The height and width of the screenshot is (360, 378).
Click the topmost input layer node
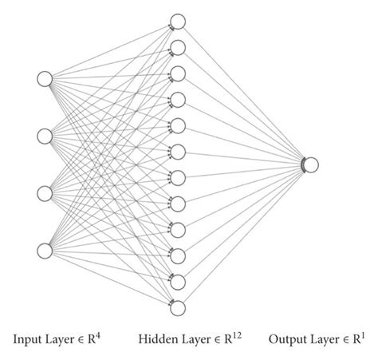point(45,78)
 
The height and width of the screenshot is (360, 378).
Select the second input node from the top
point(45,136)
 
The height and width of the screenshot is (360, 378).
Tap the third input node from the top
point(45,194)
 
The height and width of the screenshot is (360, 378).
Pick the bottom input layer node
point(45,251)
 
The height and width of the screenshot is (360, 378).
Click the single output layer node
point(311,164)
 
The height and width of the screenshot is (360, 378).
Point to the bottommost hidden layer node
point(179,307)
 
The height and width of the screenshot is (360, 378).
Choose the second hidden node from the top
point(179,48)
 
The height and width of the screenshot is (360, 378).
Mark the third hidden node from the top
point(179,73)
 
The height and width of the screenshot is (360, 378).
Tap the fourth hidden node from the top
point(179,100)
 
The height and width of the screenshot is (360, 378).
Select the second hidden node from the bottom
point(179,282)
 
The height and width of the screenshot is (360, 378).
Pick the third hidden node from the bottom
point(179,255)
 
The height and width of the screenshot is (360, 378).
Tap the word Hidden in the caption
point(155,339)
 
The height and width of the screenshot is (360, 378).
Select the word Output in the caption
point(286,339)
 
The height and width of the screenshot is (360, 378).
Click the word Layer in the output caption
point(321,339)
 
